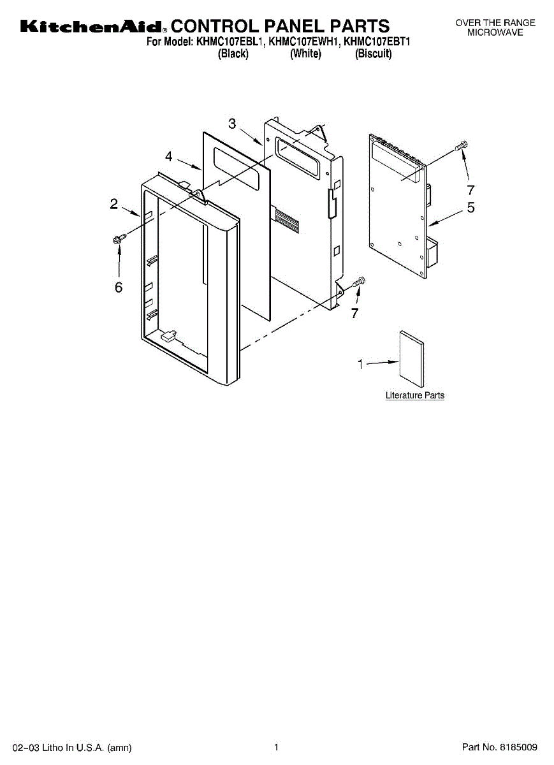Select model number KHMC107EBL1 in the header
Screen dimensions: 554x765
pyautogui.click(x=230, y=43)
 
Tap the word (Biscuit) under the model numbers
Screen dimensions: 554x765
pyautogui.click(x=374, y=54)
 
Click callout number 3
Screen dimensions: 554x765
pyautogui.click(x=232, y=124)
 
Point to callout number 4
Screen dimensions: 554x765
pyautogui.click(x=169, y=156)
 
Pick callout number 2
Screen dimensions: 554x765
pyautogui.click(x=113, y=204)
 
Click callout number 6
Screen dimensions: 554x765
pyautogui.click(x=119, y=288)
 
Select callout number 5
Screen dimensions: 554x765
pyautogui.click(x=470, y=207)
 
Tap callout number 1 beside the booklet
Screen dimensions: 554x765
pyautogui.click(x=360, y=365)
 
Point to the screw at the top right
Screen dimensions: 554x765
pyautogui.click(x=462, y=145)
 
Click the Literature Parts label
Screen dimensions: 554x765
pyautogui.click(x=415, y=396)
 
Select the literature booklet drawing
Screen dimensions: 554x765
pyautogui.click(x=411, y=358)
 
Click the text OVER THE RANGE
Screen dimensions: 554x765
pyautogui.click(x=495, y=23)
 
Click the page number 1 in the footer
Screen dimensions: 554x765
pyautogui.click(x=277, y=747)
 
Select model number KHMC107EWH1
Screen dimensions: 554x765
pyautogui.click(x=303, y=43)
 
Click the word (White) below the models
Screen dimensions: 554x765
pyautogui.click(x=305, y=54)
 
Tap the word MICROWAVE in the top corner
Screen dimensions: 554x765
pyautogui.click(x=495, y=32)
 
